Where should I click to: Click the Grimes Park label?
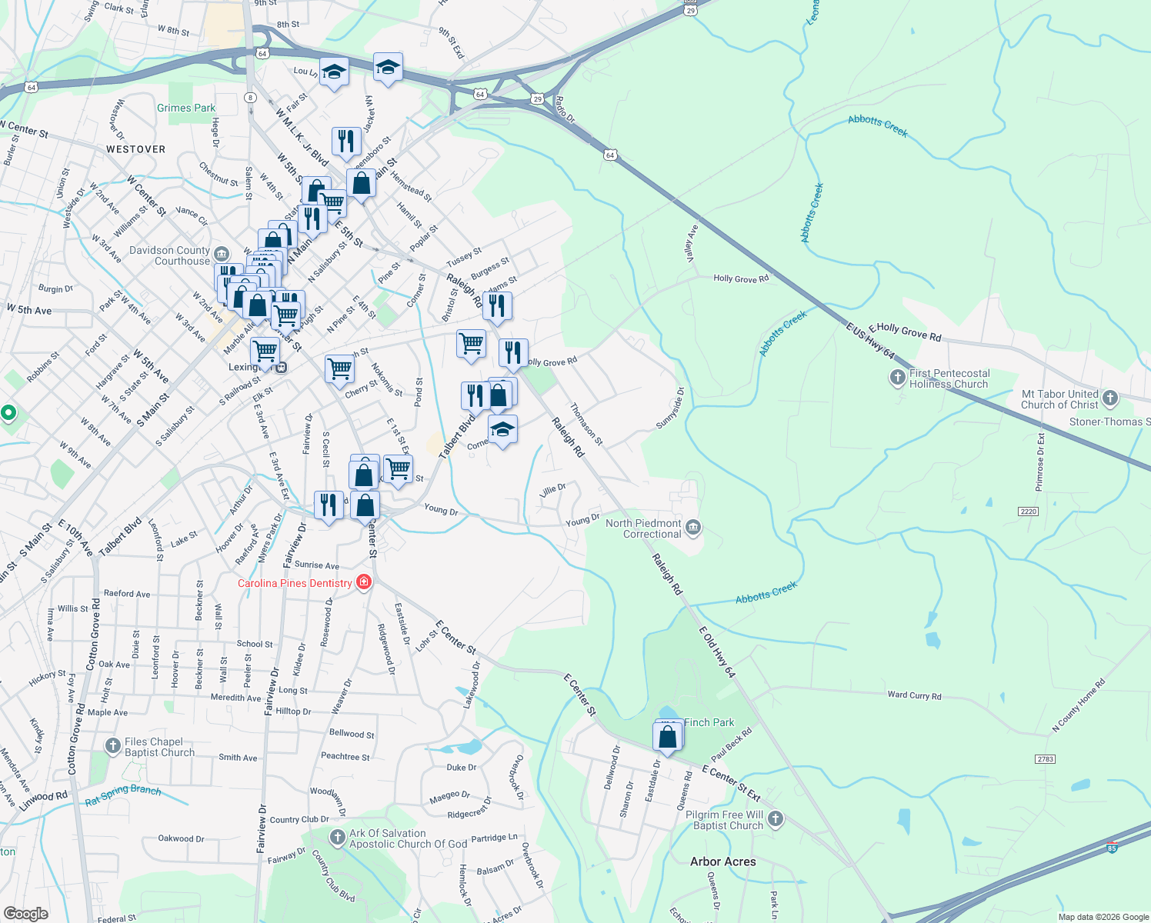tap(186, 108)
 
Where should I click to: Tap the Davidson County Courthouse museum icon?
tap(222, 254)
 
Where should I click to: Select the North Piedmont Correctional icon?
tap(693, 527)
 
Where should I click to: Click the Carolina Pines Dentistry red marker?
tap(364, 582)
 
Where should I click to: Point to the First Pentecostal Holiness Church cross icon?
tap(897, 378)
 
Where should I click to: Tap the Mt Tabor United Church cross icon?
tap(1109, 398)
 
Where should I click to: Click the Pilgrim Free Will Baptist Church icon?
tap(776, 819)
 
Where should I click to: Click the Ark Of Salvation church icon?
tap(337, 837)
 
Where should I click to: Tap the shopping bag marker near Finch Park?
tap(667, 737)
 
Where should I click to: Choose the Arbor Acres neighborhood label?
tap(723, 861)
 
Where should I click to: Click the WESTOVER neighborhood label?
tap(135, 149)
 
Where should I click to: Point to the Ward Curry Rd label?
tap(914, 695)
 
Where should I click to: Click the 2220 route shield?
tap(1028, 511)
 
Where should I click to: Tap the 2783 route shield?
tap(1045, 759)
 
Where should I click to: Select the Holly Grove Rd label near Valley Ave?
tap(741, 278)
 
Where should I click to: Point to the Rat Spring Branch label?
tap(123, 795)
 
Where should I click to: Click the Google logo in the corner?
tap(25, 914)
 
